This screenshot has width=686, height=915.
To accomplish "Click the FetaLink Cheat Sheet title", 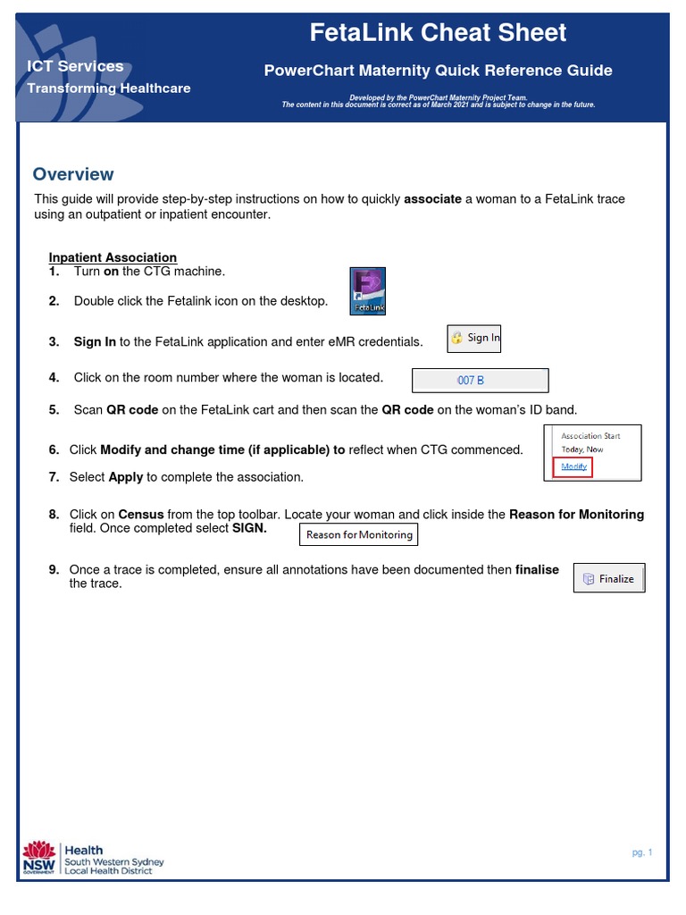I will click(x=438, y=33).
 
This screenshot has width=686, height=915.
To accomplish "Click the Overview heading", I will click(x=73, y=174).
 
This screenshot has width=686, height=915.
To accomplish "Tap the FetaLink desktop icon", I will click(x=367, y=291).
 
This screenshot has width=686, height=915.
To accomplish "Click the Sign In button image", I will click(x=474, y=338).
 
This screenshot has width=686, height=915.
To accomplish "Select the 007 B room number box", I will click(x=480, y=381).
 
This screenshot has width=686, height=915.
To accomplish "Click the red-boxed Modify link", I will click(x=573, y=466).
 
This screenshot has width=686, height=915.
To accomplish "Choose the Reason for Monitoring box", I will click(x=359, y=534).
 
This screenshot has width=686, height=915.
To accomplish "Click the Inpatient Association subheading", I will click(x=113, y=257).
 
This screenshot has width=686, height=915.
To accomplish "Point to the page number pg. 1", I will click(x=642, y=852).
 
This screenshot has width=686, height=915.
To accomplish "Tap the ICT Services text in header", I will click(x=75, y=66).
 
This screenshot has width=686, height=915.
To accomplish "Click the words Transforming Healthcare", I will click(x=108, y=88).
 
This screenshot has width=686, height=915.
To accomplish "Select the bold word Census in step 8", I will click(x=141, y=515).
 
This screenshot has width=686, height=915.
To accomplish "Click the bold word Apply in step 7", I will click(x=126, y=477).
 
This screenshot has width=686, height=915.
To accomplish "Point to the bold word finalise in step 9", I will click(x=537, y=569).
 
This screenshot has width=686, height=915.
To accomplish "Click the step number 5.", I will click(x=54, y=410).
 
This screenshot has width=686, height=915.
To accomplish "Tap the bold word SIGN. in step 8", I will click(x=249, y=528).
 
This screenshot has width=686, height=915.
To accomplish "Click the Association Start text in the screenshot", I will click(x=590, y=436).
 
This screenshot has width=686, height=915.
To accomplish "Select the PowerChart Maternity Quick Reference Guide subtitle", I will click(x=438, y=71).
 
